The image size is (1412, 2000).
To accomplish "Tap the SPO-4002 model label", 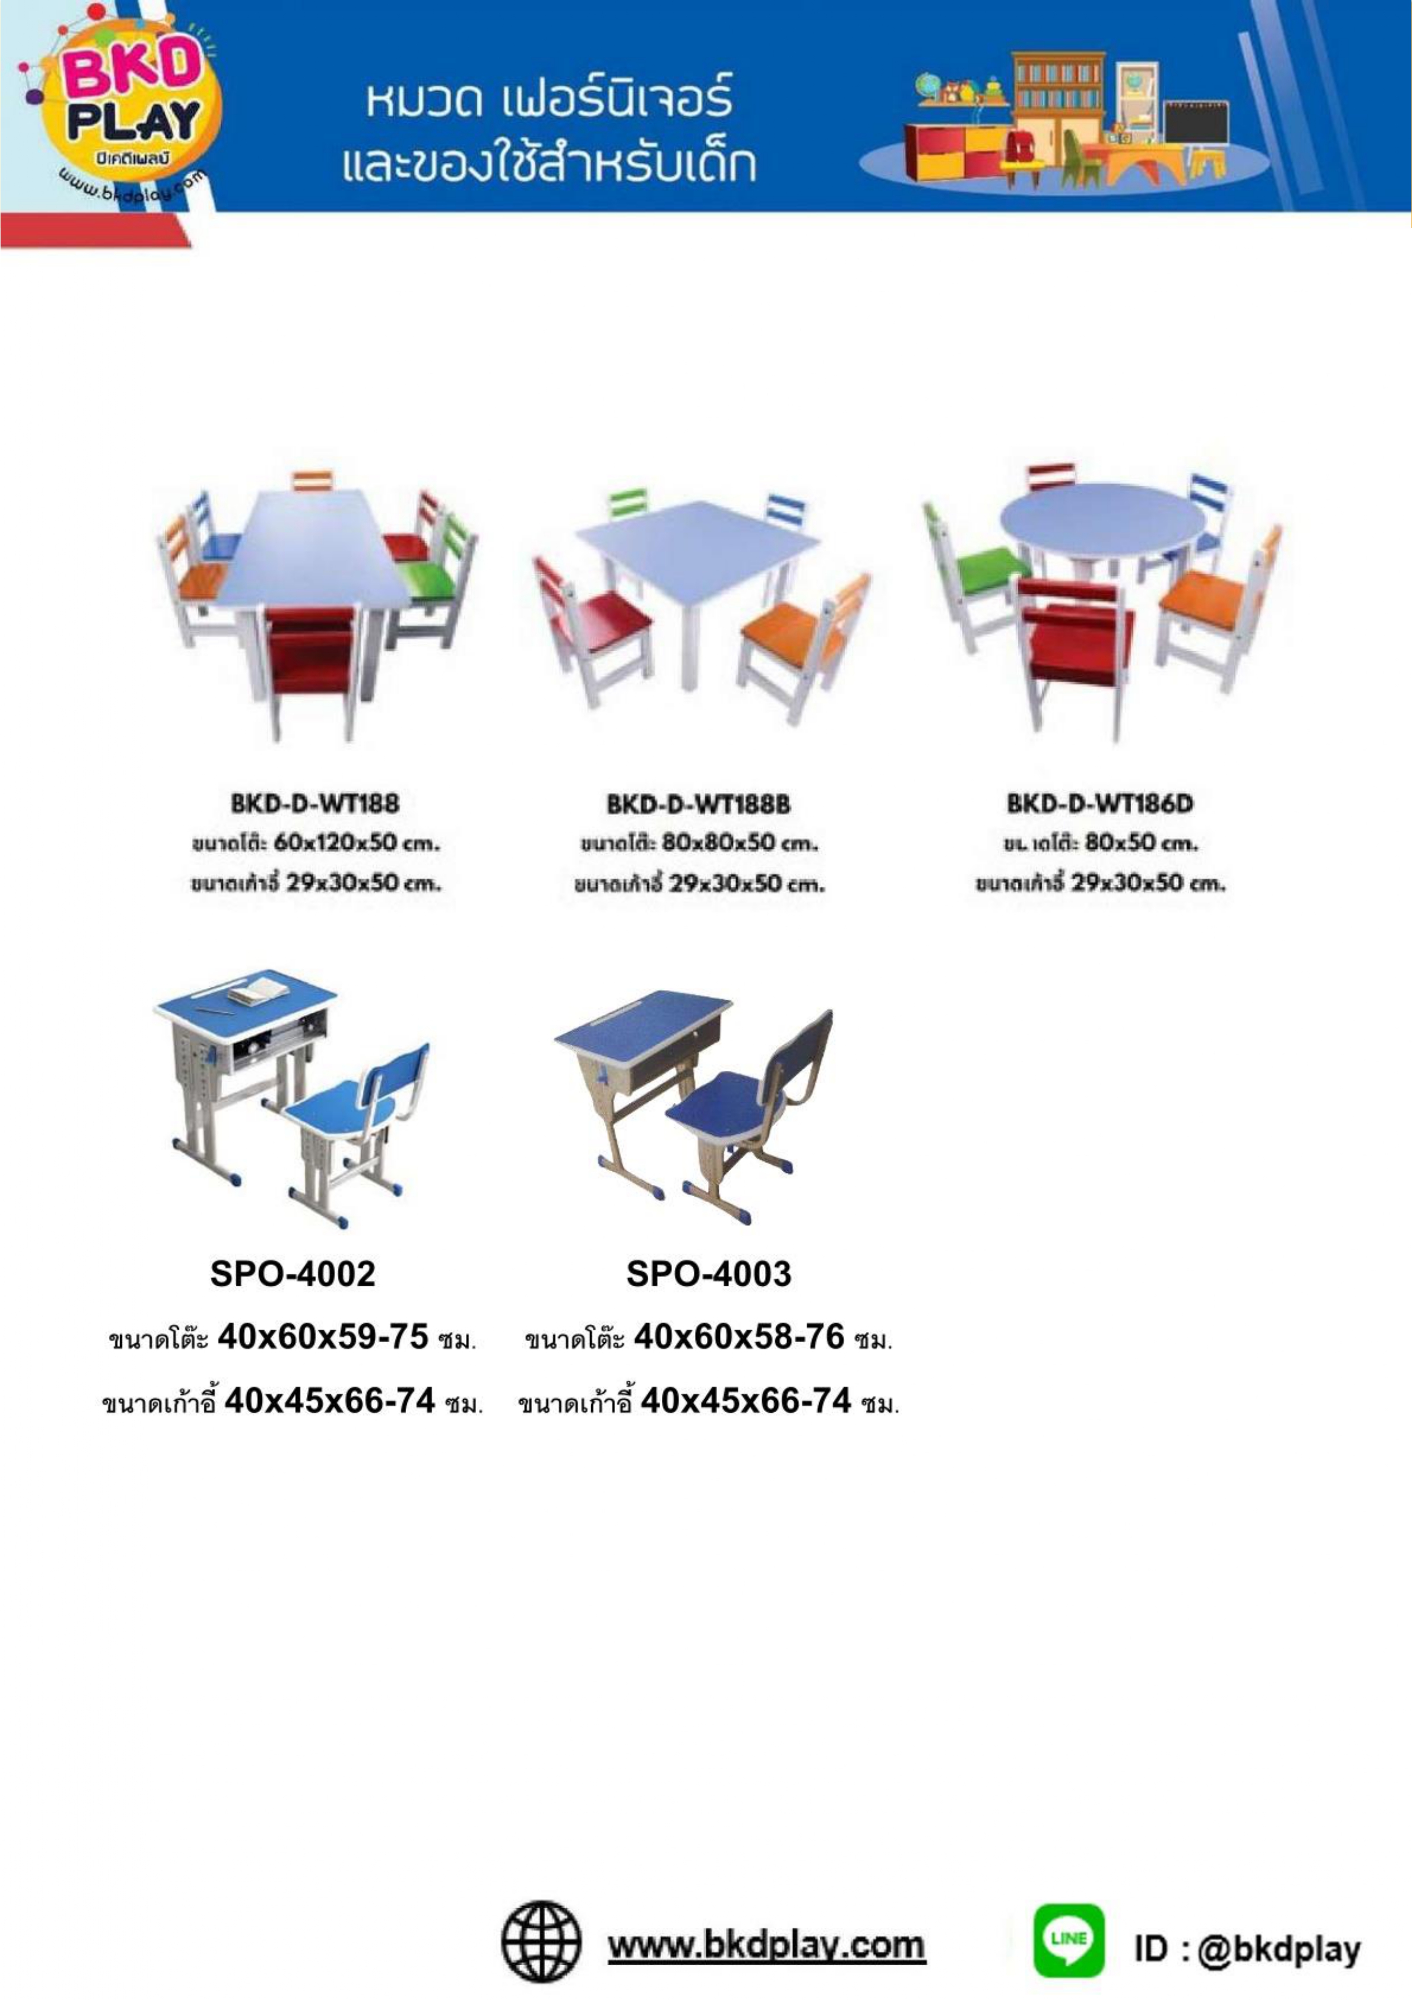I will tap(293, 1274).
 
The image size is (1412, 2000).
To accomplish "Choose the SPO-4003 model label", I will tap(708, 1274).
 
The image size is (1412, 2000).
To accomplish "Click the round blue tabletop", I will tap(1102, 521).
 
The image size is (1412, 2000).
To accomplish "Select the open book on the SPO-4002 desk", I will tap(259, 989).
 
